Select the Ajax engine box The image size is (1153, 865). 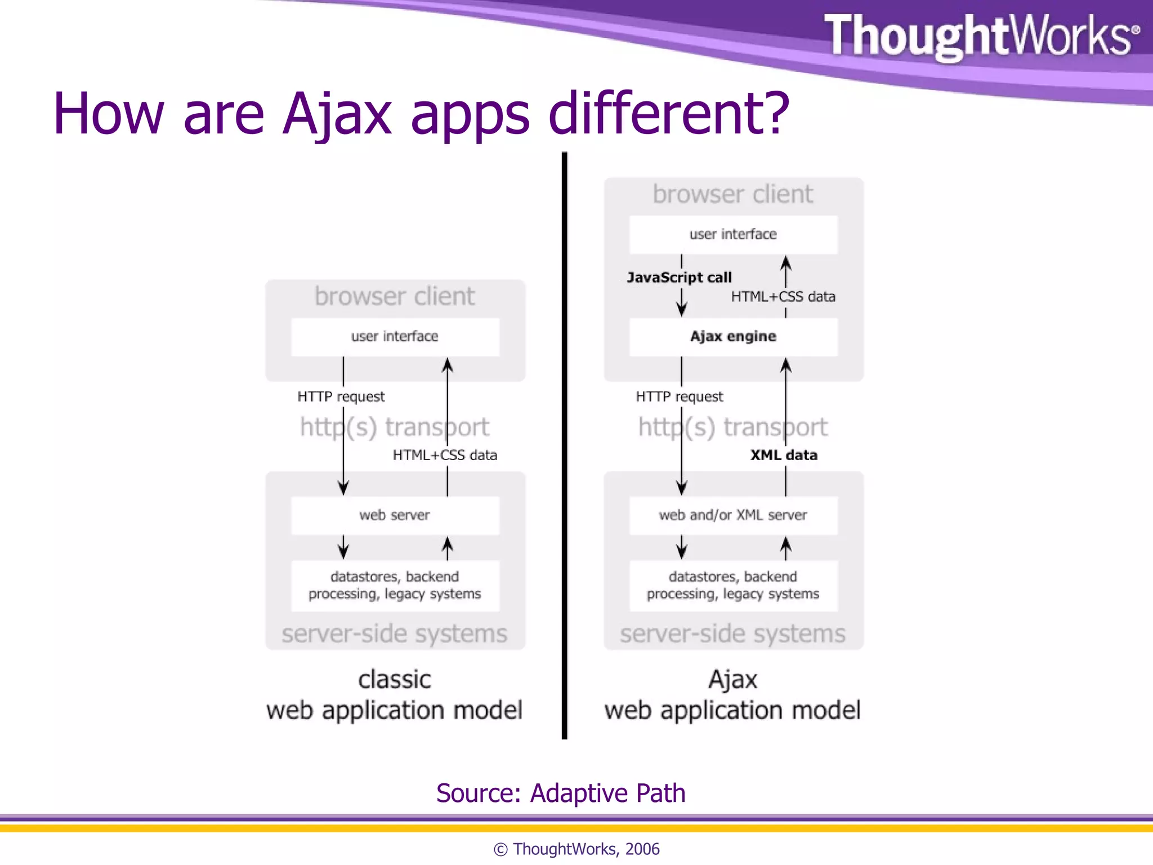(x=733, y=337)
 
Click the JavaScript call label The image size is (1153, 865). (x=679, y=278)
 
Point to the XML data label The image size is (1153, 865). (x=783, y=455)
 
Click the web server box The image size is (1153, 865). (x=395, y=515)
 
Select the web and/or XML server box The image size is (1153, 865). (x=733, y=515)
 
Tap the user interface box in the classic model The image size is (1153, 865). (x=395, y=337)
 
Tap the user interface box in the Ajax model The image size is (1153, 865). (x=733, y=234)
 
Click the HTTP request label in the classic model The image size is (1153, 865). (x=341, y=397)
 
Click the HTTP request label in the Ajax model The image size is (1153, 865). (x=679, y=397)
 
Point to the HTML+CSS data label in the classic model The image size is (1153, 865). (x=445, y=455)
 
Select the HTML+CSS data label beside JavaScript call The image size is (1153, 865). (x=783, y=297)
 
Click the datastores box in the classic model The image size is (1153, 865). (x=395, y=586)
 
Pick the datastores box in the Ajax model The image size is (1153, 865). (x=733, y=586)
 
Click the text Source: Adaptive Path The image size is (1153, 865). (x=561, y=793)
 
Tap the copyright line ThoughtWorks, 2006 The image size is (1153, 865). (x=576, y=849)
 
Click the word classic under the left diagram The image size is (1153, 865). (x=395, y=680)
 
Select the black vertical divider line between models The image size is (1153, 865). (x=564, y=445)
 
